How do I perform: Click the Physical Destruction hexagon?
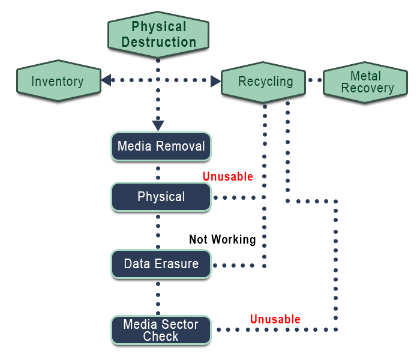coord(158,34)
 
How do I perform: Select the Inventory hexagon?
coord(58,81)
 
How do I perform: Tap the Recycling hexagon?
coord(263,82)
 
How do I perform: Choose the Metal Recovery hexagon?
coord(365,82)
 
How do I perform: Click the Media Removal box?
coord(161,146)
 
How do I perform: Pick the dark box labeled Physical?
coord(161,197)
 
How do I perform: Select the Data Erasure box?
coord(161,264)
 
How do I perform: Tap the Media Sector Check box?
coord(161,330)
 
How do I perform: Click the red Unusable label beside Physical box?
coord(228,176)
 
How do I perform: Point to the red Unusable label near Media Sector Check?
coord(275,319)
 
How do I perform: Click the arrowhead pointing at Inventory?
coord(106,80)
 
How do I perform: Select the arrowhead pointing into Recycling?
coord(216,81)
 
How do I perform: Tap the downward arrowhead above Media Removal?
coord(158,125)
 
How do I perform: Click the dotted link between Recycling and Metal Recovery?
coord(314,80)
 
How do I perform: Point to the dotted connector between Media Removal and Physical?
coord(158,171)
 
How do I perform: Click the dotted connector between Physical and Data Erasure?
coord(158,230)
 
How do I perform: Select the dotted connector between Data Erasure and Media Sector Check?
coord(158,296)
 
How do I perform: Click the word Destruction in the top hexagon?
coord(159,42)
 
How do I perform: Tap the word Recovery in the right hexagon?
coord(367,88)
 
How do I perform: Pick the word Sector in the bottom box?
coord(179,325)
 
